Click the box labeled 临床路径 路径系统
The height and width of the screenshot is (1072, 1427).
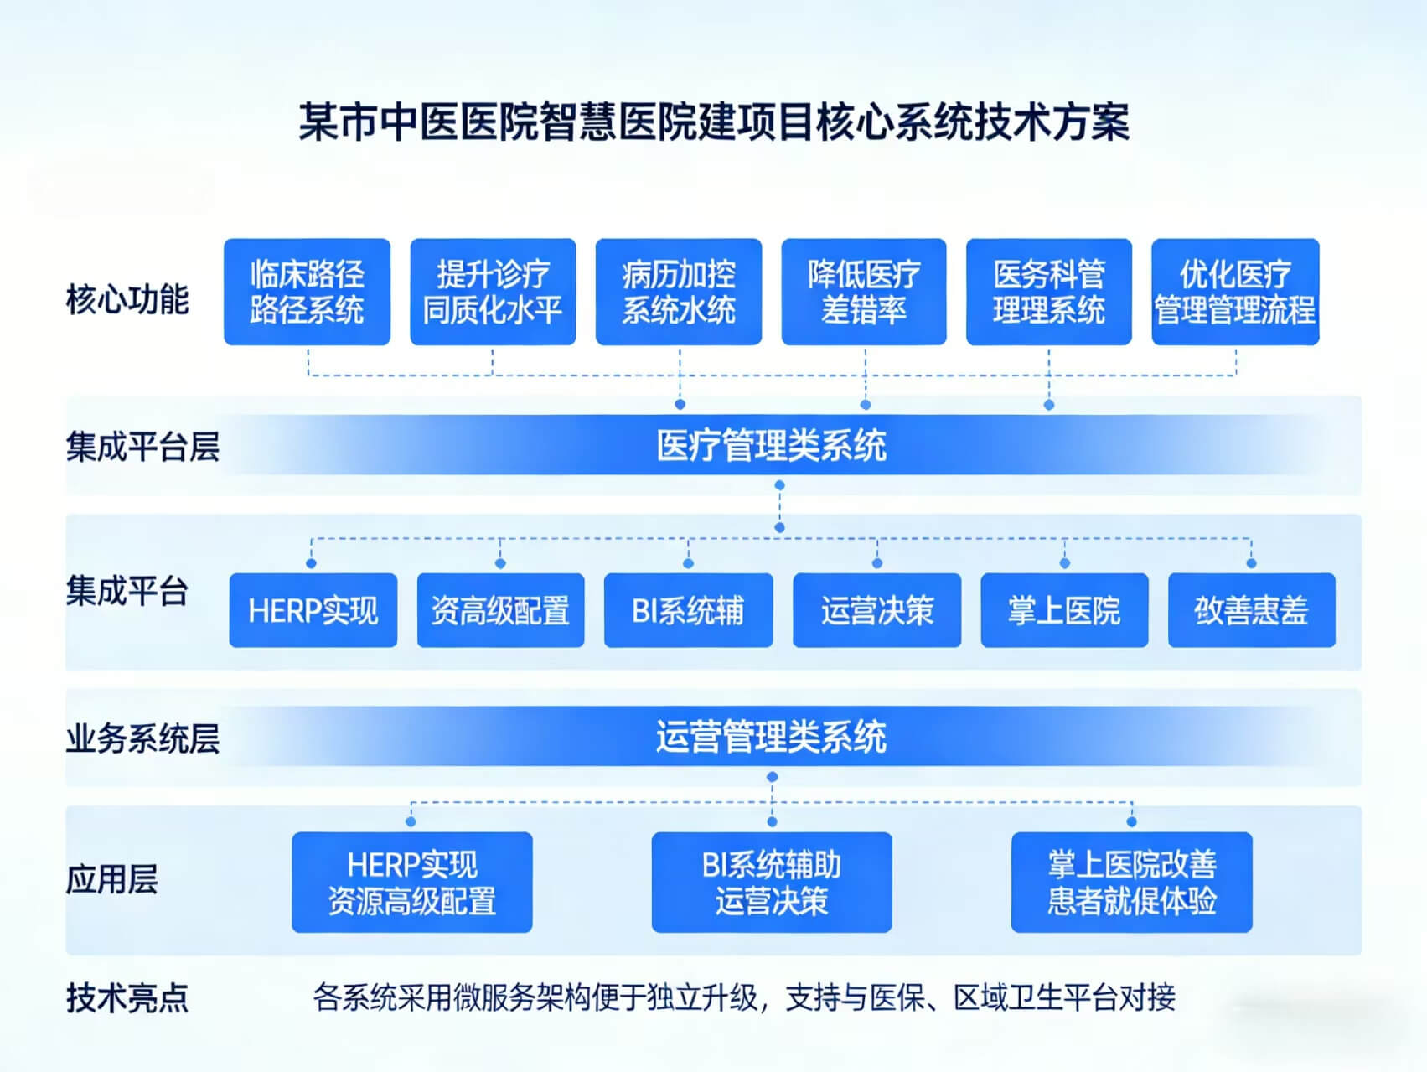coord(307,292)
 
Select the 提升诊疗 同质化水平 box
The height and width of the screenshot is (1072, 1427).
coord(493,292)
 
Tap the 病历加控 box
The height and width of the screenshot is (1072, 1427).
coord(679,292)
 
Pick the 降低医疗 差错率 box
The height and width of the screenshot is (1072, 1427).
coord(864,292)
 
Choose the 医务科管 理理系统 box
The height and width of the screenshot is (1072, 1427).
coord(1049,292)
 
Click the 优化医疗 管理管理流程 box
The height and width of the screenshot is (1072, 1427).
coord(1235,292)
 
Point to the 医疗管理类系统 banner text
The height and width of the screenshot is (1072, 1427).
coord(771,445)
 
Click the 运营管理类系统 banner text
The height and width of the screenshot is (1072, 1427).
coord(771,738)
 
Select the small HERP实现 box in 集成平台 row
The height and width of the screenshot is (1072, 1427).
coord(313,610)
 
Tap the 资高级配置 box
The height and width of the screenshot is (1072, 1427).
coord(500,610)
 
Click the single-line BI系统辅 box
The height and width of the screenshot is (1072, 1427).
coord(688,610)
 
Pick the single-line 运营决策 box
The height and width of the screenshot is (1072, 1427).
coord(876,610)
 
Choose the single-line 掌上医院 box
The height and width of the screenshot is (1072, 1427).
coord(1064,610)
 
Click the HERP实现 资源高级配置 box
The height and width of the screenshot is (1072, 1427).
coord(412,882)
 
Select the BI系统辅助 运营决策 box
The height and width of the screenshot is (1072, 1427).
coord(772,882)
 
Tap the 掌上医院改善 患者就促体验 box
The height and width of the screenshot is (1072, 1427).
coord(1131,882)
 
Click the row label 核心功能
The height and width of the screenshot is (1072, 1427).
coord(127,299)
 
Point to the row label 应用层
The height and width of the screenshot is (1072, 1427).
coord(111,879)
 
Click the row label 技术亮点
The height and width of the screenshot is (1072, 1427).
coord(127,998)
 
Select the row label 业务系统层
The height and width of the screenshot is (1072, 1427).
coord(142,738)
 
